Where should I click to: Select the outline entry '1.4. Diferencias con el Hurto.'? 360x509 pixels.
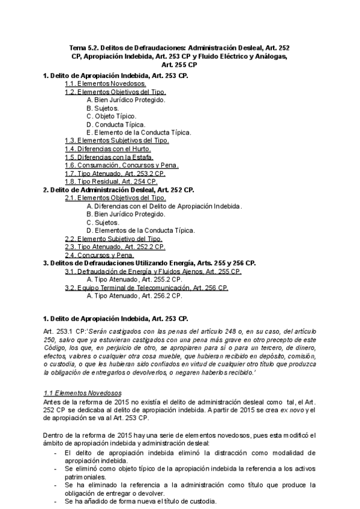[x=108, y=149]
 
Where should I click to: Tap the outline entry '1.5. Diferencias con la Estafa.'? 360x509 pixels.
[x=109, y=157]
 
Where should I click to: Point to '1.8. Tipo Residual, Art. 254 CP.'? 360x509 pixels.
[x=111, y=181]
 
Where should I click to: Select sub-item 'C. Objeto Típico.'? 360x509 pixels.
[x=112, y=116]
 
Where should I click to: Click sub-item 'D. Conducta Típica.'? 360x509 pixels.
[x=116, y=124]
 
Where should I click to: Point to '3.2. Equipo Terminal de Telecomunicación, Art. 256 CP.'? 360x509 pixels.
[x=146, y=288]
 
